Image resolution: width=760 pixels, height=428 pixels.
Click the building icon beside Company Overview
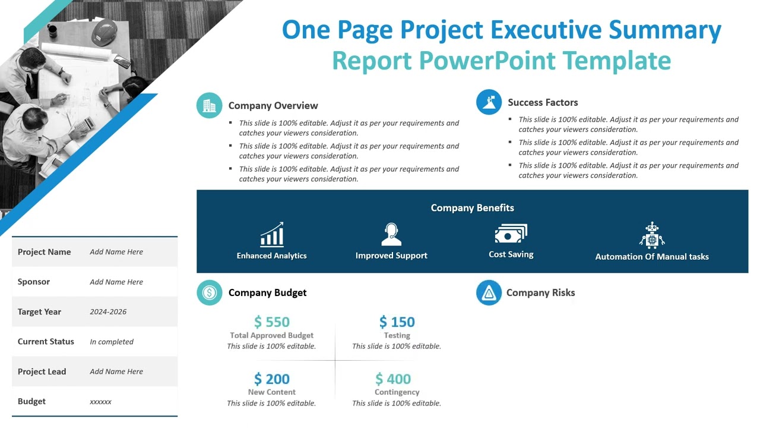pos(209,106)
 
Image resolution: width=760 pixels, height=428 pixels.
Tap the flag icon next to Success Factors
pos(489,102)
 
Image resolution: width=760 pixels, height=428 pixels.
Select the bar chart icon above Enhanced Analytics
pos(272,235)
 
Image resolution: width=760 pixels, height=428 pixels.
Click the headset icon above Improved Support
pos(391,234)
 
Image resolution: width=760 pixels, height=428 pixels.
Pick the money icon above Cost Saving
pos(511,234)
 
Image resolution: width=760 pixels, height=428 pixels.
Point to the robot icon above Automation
pos(652,235)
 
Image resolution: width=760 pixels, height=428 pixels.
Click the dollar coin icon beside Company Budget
pos(209,292)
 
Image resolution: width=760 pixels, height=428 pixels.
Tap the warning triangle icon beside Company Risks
pos(489,292)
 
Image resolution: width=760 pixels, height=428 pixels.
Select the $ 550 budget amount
pos(272,322)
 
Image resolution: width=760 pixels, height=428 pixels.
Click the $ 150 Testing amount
pos(397,322)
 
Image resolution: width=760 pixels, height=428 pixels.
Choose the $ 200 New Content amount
pos(272,379)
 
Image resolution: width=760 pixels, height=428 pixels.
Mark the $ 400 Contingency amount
pos(393,379)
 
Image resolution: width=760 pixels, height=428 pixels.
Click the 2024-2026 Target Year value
pos(108,311)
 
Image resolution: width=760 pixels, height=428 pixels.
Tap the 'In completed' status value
pos(112,342)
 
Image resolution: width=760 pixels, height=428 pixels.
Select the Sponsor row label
pos(34,282)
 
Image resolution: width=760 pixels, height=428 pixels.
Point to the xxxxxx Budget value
pos(100,402)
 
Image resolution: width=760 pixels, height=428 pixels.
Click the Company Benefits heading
pos(472,208)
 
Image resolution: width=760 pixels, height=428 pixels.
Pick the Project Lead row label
pos(42,372)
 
